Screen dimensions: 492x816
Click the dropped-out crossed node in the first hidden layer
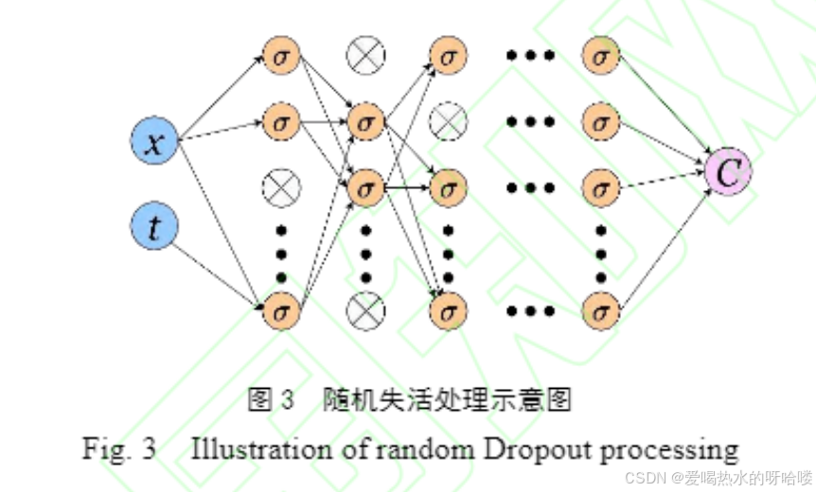(281, 187)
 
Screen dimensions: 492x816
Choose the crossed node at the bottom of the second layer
(364, 308)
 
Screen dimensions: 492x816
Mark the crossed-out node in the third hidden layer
(449, 121)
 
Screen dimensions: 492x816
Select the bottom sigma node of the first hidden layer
(281, 308)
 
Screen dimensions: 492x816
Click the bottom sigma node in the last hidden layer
(599, 308)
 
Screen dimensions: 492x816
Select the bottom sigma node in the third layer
(449, 308)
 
